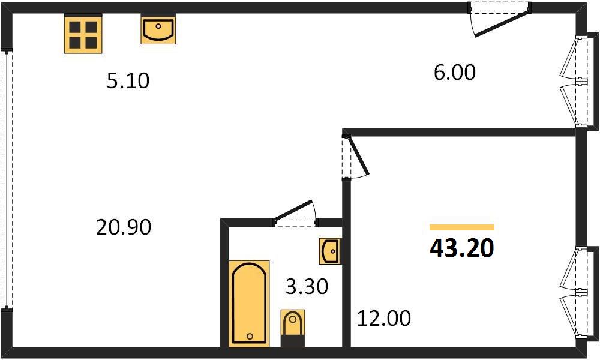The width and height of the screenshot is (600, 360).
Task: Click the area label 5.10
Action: [128, 81]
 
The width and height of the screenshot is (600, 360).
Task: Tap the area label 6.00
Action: [455, 73]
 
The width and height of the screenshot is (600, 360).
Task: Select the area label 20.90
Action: [124, 227]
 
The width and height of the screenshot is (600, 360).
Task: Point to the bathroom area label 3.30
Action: [307, 287]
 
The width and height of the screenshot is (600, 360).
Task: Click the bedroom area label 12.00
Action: [384, 318]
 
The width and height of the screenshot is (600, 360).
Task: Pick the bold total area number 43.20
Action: [462, 248]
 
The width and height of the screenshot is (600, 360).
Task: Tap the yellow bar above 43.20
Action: [462, 227]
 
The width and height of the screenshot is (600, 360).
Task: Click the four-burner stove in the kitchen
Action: [83, 34]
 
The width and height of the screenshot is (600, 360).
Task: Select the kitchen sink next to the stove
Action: [158, 29]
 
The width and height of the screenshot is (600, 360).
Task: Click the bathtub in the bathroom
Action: [249, 304]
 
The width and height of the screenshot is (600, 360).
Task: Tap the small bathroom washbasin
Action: [329, 251]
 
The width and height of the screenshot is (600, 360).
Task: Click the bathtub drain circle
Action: [250, 336]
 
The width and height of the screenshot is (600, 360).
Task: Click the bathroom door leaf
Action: [293, 209]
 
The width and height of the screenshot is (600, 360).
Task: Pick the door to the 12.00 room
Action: [356, 155]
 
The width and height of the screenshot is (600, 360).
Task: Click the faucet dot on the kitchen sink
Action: [158, 26]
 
